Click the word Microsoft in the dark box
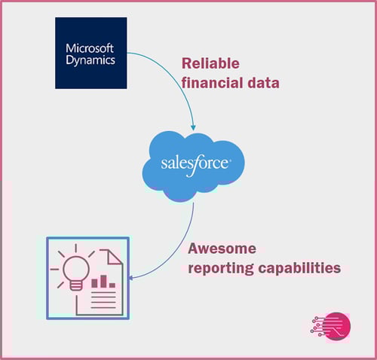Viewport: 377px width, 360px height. [90, 48]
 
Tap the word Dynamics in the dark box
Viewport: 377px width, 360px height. [90, 60]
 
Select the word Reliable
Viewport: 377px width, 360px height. [210, 63]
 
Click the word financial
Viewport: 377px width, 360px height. [212, 83]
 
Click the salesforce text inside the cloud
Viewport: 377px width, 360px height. [195, 164]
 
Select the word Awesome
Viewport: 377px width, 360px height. [222, 249]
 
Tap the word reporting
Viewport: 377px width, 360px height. [221, 268]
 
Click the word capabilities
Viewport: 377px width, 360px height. [299, 268]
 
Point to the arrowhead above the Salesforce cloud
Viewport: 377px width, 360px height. [193, 127]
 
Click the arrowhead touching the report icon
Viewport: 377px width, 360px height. [131, 278]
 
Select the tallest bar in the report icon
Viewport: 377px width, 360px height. [103, 282]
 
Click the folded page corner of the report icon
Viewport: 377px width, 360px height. [115, 257]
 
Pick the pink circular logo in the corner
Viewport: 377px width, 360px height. [336, 327]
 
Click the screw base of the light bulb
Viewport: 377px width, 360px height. [76, 285]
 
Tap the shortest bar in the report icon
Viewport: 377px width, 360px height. [112, 285]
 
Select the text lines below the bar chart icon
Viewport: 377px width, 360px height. [103, 300]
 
